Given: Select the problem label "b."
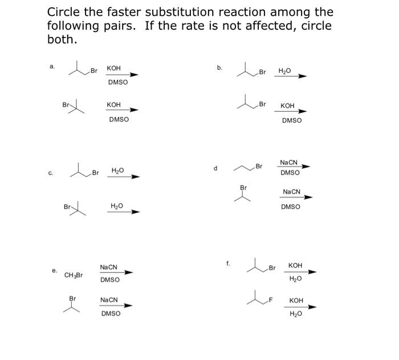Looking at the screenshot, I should pos(219,68).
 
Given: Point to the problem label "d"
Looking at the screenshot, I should pos(215,168).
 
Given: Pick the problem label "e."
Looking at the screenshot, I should pos(55,270).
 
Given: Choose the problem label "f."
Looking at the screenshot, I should pos(228,263).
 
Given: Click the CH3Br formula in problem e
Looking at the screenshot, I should pos(74,275).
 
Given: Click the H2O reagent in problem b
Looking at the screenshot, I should pos(284,71).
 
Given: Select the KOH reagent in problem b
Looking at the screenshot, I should pos(288,106).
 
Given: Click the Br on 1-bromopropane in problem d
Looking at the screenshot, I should pos(259,167).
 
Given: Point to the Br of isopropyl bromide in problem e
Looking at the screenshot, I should pos(72,298).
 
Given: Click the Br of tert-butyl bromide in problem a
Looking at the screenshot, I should pos(66,104).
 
